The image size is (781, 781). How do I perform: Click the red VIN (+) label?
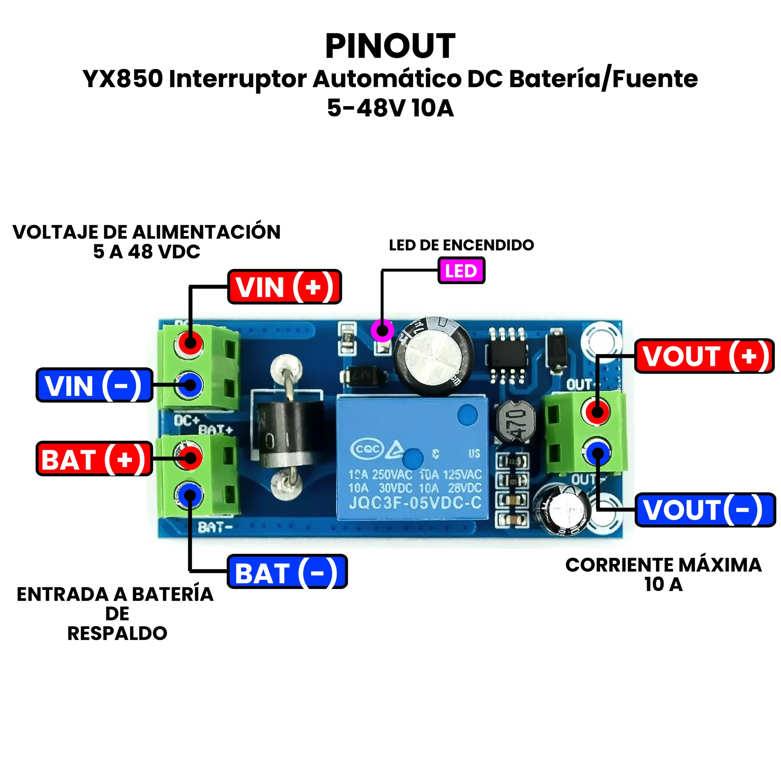tap(285, 287)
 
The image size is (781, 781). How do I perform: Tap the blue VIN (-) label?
tap(94, 385)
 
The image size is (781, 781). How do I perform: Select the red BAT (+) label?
tap(94, 459)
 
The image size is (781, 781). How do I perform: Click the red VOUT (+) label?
tap(704, 356)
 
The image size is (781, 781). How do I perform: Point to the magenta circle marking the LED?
tap(382, 331)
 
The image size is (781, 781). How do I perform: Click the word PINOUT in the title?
tap(390, 46)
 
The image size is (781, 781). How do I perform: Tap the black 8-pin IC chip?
tap(507, 356)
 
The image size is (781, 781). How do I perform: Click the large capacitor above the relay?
tap(433, 357)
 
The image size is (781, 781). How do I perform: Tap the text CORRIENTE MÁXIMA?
tap(663, 565)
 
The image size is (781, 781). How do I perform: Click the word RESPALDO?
tap(117, 633)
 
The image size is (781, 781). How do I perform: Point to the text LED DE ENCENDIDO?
tap(461, 245)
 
